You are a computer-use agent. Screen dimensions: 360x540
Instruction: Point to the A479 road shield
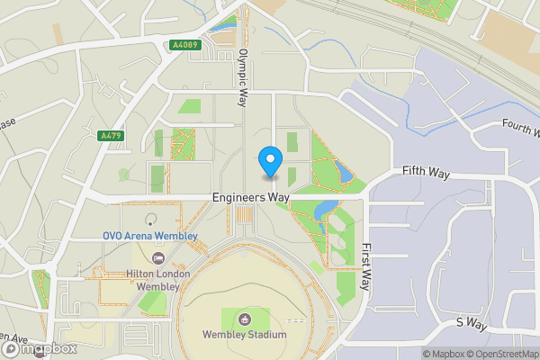[x=110, y=136]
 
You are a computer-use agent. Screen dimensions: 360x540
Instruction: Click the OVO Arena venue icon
[x=150, y=220]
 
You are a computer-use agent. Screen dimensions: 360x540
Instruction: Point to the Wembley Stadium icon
[x=245, y=318]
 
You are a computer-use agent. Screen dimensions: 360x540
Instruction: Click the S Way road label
[x=471, y=321]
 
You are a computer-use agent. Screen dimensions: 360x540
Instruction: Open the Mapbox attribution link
[x=445, y=354]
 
